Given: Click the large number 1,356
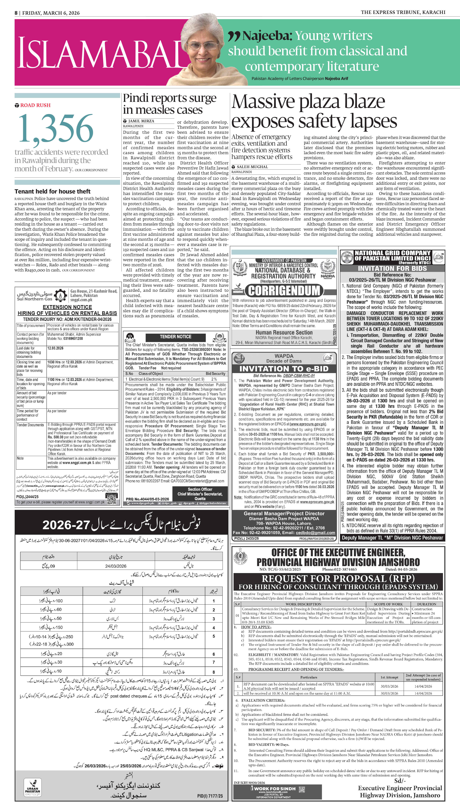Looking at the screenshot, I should point(56,129).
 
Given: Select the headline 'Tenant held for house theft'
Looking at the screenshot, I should point(53,191).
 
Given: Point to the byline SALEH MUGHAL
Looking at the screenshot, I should point(252,167).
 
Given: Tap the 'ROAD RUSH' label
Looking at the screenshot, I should point(35,105).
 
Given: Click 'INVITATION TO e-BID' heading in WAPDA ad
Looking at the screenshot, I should point(284,369).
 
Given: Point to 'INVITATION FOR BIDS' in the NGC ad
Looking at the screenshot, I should point(392,268).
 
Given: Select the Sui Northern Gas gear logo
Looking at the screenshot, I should point(60,295).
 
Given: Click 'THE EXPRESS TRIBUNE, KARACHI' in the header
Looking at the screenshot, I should point(403,12).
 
